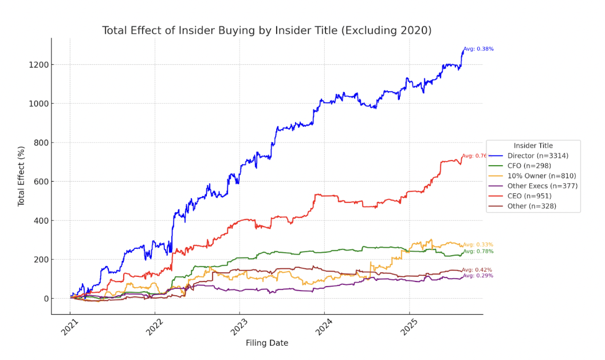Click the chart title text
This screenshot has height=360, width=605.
coord(266,30)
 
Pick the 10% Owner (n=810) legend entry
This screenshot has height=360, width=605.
coord(541,176)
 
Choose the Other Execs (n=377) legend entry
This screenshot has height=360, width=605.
coord(543,186)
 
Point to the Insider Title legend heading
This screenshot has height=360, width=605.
coord(533,146)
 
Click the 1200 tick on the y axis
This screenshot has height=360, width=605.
coord(40,65)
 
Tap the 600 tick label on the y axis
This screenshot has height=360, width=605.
coord(42,182)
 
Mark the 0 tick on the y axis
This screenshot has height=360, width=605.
coord(46,299)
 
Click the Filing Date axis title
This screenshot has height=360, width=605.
coord(267,343)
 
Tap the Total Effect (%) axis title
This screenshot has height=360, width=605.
coord(21,177)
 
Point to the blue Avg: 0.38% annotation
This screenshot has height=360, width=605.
coord(478,49)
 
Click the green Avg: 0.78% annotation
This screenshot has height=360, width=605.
coord(478,251)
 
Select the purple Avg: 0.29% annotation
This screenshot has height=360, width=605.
coord(478,276)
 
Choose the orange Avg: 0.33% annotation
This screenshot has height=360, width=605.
coord(478,245)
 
